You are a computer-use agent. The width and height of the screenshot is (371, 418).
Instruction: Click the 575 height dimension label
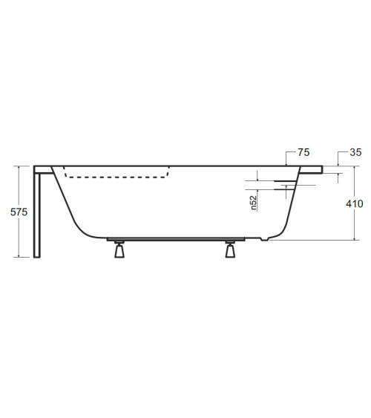[x=19, y=212]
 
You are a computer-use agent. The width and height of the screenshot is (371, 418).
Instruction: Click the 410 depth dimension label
[x=355, y=203]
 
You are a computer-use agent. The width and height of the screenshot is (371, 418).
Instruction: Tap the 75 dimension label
[x=303, y=152]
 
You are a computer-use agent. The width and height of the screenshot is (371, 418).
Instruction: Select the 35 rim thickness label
[x=355, y=152]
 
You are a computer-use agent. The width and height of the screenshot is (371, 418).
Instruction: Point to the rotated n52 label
[x=254, y=203]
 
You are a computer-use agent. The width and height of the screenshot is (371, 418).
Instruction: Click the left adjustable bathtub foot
[x=119, y=249]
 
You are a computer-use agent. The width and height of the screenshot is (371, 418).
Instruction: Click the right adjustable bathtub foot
[x=230, y=249]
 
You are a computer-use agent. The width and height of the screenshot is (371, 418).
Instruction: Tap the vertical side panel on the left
[x=37, y=215]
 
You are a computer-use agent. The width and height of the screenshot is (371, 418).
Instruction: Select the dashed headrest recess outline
[x=116, y=172]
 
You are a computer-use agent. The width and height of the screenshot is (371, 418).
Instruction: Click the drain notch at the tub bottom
[x=264, y=238]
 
